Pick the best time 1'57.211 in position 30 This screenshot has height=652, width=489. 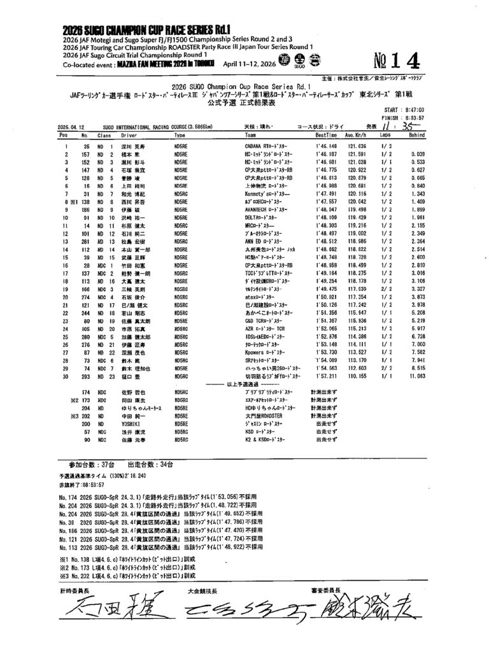tap(326, 376)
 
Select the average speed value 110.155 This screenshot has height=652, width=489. tap(355, 376)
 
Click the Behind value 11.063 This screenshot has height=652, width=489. tap(417, 376)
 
